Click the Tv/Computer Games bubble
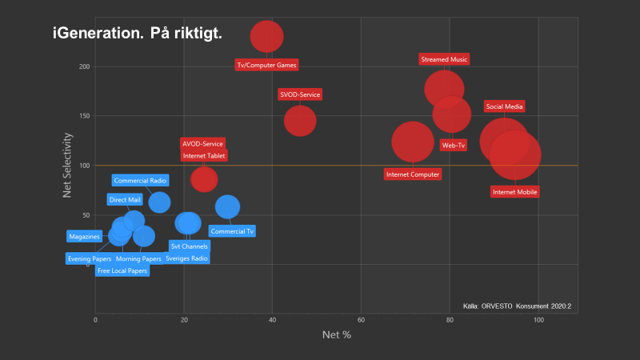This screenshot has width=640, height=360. (267, 36)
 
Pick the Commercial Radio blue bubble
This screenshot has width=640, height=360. (159, 202)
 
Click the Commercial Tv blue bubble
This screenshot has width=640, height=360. (228, 207)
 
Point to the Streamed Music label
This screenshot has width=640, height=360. (444, 59)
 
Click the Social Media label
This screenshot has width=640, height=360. (505, 106)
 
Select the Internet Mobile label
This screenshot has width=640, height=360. (515, 192)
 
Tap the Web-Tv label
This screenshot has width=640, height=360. (454, 146)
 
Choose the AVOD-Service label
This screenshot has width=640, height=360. (202, 144)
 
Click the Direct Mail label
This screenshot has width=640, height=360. (124, 199)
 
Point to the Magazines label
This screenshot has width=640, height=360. (84, 237)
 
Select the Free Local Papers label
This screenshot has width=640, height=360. (122, 270)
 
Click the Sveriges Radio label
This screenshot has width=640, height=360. (186, 258)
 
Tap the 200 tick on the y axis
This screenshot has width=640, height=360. (83, 66)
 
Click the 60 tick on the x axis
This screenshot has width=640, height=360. (361, 320)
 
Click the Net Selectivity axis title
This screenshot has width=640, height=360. (68, 165)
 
